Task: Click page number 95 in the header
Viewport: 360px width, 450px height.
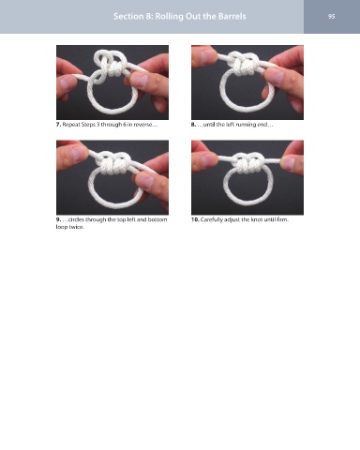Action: tap(332, 16)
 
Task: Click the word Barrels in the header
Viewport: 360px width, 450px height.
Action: tap(232, 16)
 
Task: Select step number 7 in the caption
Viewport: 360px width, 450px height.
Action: tap(58, 125)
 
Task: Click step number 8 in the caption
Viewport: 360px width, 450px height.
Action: tap(193, 125)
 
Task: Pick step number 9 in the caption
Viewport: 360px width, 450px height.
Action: tap(58, 219)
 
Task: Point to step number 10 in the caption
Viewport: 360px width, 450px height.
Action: tap(195, 219)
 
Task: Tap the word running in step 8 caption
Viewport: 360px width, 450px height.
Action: tap(245, 125)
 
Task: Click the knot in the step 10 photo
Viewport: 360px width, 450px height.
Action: tap(247, 162)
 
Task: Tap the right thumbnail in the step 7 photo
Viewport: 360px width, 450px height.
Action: tap(141, 80)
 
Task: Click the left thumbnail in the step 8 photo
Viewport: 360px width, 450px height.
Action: tap(207, 56)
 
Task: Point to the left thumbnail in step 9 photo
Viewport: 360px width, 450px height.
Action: tap(78, 153)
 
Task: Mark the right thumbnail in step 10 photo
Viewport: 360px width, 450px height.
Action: tap(288, 163)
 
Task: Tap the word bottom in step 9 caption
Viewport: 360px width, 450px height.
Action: tap(157, 219)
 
